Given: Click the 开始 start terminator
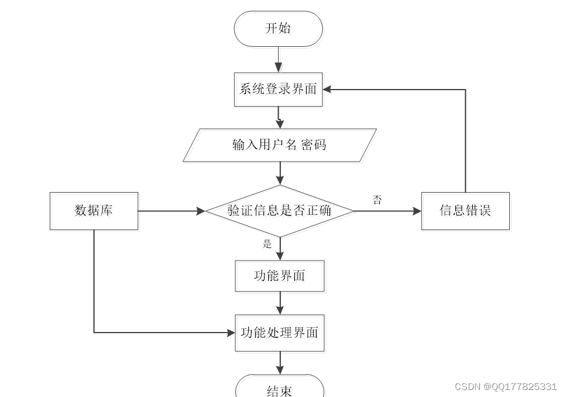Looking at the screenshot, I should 278,29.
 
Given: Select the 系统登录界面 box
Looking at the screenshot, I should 278,90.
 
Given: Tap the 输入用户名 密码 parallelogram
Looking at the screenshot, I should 280,145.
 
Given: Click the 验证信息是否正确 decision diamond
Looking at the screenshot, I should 280,211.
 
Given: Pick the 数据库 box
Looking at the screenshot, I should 94,211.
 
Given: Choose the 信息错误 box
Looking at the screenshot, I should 465,211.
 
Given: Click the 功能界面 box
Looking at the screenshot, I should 280,276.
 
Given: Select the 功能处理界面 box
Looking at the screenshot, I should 280,333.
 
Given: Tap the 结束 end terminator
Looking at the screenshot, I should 280,389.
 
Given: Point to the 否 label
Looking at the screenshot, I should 378,200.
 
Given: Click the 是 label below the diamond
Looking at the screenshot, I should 267,244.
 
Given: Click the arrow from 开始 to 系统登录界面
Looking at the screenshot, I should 278,60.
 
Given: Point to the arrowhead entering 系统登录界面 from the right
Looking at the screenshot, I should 328,90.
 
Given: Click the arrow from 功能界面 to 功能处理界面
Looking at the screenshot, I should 280,303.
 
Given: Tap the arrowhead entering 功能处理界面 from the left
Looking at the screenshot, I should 230,333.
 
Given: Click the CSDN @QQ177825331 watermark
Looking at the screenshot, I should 506,386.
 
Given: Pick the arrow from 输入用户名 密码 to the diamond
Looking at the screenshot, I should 280,173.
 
